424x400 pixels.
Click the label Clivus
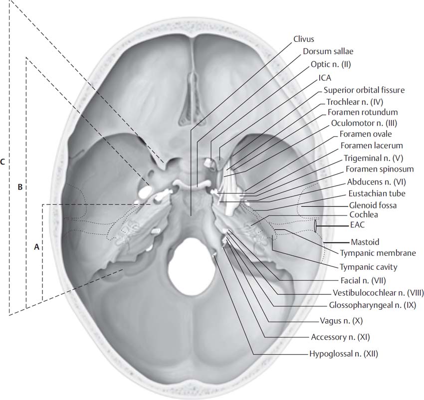point(305,38)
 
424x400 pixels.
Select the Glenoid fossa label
point(373,204)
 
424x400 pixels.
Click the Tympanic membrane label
point(378,253)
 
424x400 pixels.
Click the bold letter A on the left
point(36,246)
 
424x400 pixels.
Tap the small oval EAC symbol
point(316,226)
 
